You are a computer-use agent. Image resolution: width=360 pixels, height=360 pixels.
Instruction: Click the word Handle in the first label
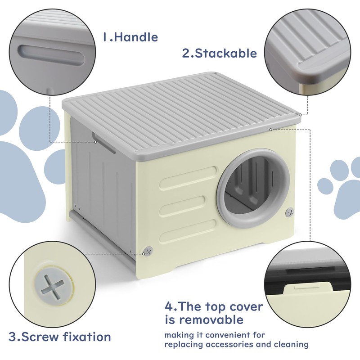136,37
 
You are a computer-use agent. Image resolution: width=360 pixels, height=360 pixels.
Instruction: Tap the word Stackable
226,54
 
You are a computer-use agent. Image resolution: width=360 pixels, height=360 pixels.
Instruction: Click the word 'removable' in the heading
204,320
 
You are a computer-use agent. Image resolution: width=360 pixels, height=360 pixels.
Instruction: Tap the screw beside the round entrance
290,211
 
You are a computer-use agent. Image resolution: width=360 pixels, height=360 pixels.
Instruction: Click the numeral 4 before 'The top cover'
170,307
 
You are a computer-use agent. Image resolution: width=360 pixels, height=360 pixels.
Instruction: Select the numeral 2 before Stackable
186,54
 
